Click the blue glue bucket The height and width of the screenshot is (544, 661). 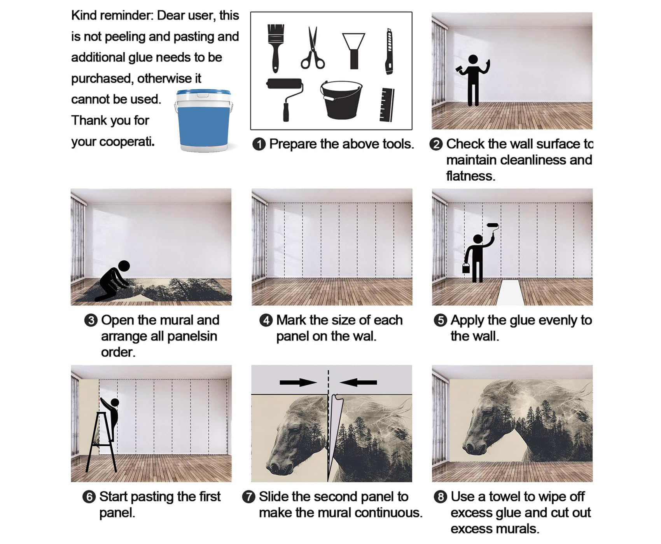point(204,120)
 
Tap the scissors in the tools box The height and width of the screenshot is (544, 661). point(312,48)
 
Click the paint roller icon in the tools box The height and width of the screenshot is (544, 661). point(285,99)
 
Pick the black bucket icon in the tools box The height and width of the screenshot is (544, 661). point(341,99)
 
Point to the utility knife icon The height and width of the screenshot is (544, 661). point(389,51)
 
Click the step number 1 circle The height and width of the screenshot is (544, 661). point(259,144)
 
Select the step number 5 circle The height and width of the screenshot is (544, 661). point(440,321)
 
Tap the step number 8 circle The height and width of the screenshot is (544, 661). point(440,497)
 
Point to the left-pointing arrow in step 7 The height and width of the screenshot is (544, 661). point(358,382)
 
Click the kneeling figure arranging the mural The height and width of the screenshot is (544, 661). point(114,281)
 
